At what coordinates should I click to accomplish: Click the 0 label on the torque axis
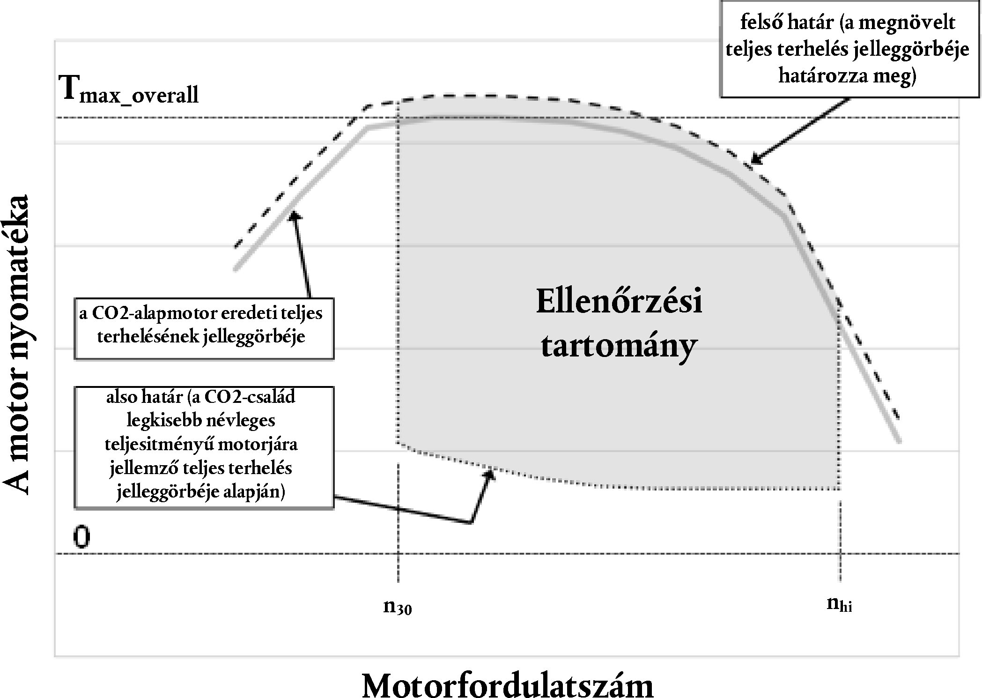pos(81,537)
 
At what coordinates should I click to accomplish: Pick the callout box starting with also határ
pos(204,447)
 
